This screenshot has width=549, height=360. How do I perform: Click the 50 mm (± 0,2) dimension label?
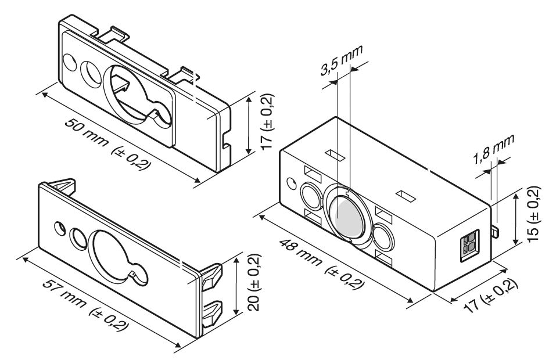pyautogui.click(x=108, y=144)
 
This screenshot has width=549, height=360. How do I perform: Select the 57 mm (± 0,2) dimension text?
pyautogui.click(x=85, y=305)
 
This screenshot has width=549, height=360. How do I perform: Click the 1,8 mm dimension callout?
pyautogui.click(x=494, y=149)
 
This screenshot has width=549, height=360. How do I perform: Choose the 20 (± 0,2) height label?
pyautogui.click(x=254, y=282)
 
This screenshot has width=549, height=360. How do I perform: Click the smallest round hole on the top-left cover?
pyautogui.click(x=70, y=63)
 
